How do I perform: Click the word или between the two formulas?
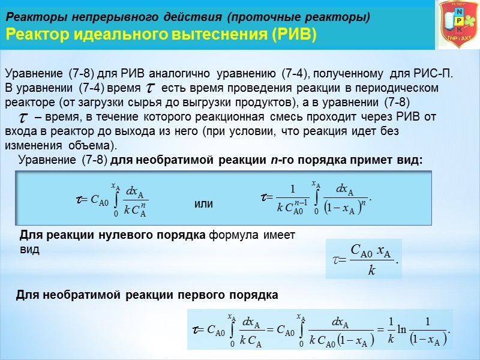pos(204,204)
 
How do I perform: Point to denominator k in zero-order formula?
pos(371,271)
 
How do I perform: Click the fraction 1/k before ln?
pos(391,329)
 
